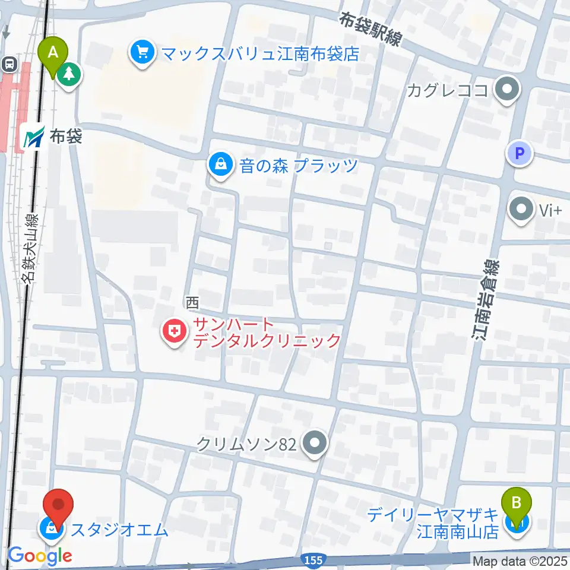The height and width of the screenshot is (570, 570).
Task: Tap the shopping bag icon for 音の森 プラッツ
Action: [x=221, y=164]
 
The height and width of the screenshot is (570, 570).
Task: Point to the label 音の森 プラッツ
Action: [x=299, y=164]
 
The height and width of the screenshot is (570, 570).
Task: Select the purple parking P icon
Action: [x=520, y=154]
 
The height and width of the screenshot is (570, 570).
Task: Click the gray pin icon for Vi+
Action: [x=522, y=210]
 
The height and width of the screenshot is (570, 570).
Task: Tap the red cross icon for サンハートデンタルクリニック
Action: [x=174, y=332]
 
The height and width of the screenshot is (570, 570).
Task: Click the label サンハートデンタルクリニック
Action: [x=265, y=332]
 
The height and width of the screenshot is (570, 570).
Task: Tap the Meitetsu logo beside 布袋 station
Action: [x=34, y=138]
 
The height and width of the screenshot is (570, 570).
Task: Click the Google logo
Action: [x=40, y=556]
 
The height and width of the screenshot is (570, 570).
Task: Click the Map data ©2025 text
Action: [x=520, y=560]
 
